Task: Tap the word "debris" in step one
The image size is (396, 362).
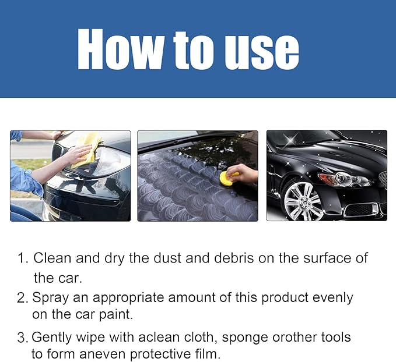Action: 230,258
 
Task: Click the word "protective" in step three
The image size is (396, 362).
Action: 160,354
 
